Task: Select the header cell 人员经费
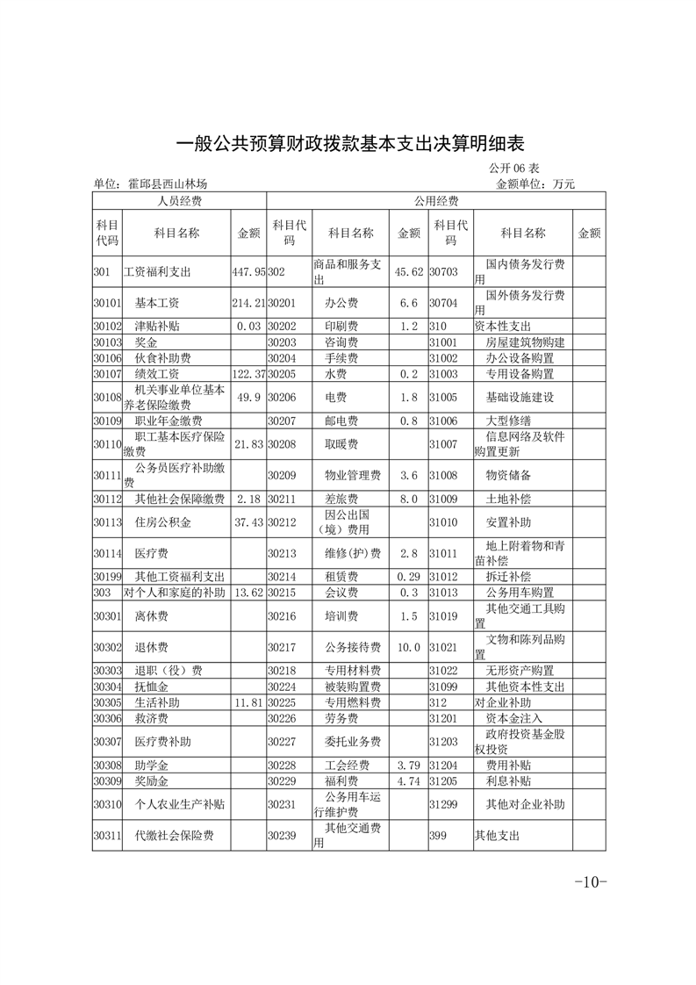click(179, 202)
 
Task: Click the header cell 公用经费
click(435, 202)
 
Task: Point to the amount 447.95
click(248, 272)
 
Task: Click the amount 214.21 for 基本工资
click(248, 303)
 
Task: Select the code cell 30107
click(106, 374)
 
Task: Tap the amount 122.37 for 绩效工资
click(248, 374)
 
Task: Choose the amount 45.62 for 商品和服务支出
click(409, 272)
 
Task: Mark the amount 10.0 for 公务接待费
click(409, 647)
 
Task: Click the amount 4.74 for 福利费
click(410, 780)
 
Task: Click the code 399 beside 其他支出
click(438, 836)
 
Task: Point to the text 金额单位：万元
click(535, 184)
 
